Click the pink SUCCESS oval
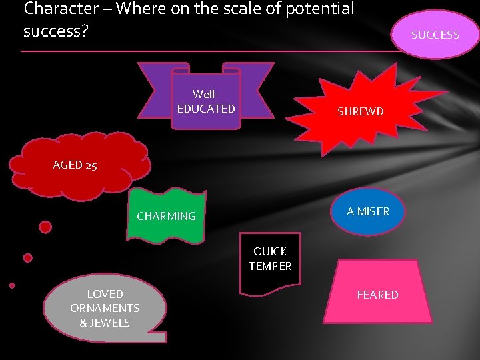[x=435, y=34]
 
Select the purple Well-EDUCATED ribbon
[x=206, y=100]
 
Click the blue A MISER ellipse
[x=368, y=211]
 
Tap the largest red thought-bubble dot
[x=45, y=227]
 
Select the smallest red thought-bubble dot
[x=12, y=285]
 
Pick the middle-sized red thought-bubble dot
[x=27, y=257]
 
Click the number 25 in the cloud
[x=91, y=165]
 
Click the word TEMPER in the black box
[x=270, y=266]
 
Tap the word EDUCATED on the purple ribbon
[x=206, y=108]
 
